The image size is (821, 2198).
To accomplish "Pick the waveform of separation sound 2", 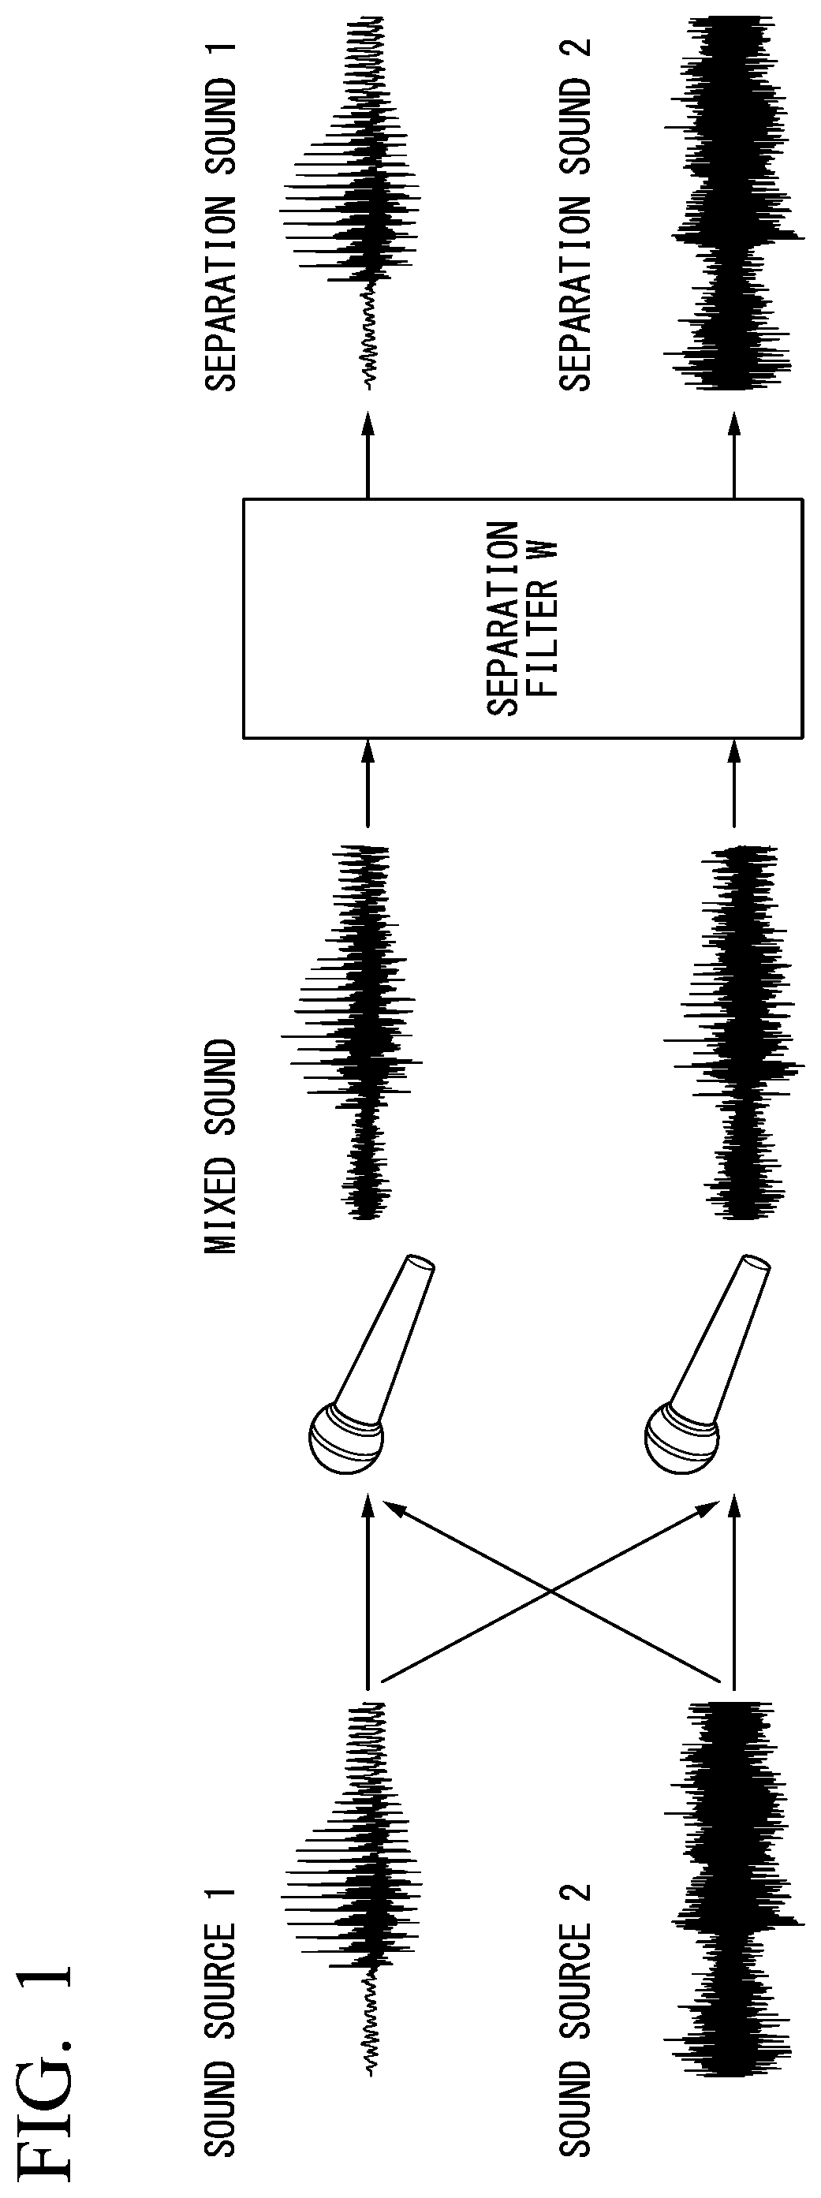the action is click(x=734, y=203).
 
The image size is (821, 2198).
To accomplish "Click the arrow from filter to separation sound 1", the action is click(x=368, y=454).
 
